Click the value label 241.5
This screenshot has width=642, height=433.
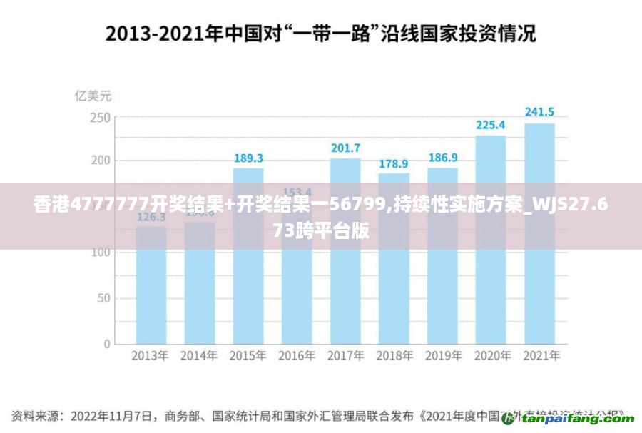[x=539, y=112]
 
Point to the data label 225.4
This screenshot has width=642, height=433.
[x=491, y=125]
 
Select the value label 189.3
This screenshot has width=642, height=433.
[x=248, y=158]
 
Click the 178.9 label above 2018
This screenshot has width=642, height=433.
[x=394, y=163]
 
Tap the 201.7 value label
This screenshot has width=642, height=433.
[x=345, y=148]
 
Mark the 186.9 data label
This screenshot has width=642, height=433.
[x=442, y=158]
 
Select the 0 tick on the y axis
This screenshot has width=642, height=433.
[x=107, y=344]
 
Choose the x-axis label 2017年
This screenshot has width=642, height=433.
[x=345, y=355]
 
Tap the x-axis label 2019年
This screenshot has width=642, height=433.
[x=442, y=355]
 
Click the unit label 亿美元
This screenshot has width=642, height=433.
[x=93, y=96]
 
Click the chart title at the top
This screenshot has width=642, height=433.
[x=321, y=33]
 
